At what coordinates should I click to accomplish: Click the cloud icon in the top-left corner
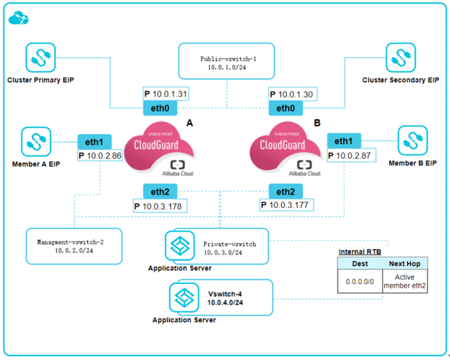[18, 19]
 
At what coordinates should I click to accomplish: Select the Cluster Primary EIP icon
[40, 58]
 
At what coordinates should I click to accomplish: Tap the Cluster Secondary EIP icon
[401, 58]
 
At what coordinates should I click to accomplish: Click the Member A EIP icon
[37, 142]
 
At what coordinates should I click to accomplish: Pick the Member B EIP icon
[412, 141]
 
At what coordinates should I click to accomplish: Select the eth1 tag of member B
[344, 141]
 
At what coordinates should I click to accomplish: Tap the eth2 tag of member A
[159, 191]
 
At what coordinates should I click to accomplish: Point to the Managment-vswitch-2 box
[74, 246]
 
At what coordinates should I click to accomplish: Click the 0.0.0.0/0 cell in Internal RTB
[359, 281]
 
